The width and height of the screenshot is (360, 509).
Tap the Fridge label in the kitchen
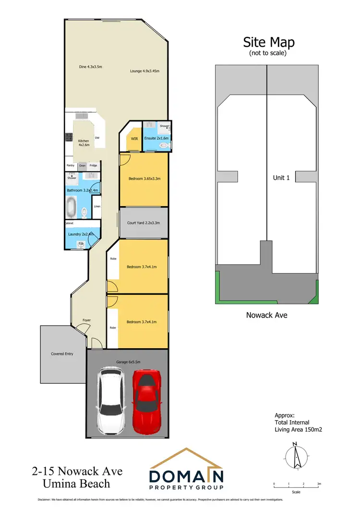pyautogui.click(x=93, y=166)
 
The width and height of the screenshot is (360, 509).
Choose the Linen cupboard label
pyautogui.click(x=96, y=206)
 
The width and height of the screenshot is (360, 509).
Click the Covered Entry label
pyautogui.click(x=62, y=354)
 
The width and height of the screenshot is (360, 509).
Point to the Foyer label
pyautogui.click(x=86, y=320)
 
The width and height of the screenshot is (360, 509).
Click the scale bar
pyautogui.click(x=296, y=487)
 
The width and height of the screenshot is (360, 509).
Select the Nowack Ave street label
pyautogui.click(x=266, y=315)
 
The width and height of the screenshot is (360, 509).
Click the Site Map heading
pyautogui.click(x=269, y=42)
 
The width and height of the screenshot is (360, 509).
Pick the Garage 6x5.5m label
pyautogui.click(x=127, y=362)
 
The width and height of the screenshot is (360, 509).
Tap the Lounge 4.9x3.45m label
pyautogui.click(x=144, y=71)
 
